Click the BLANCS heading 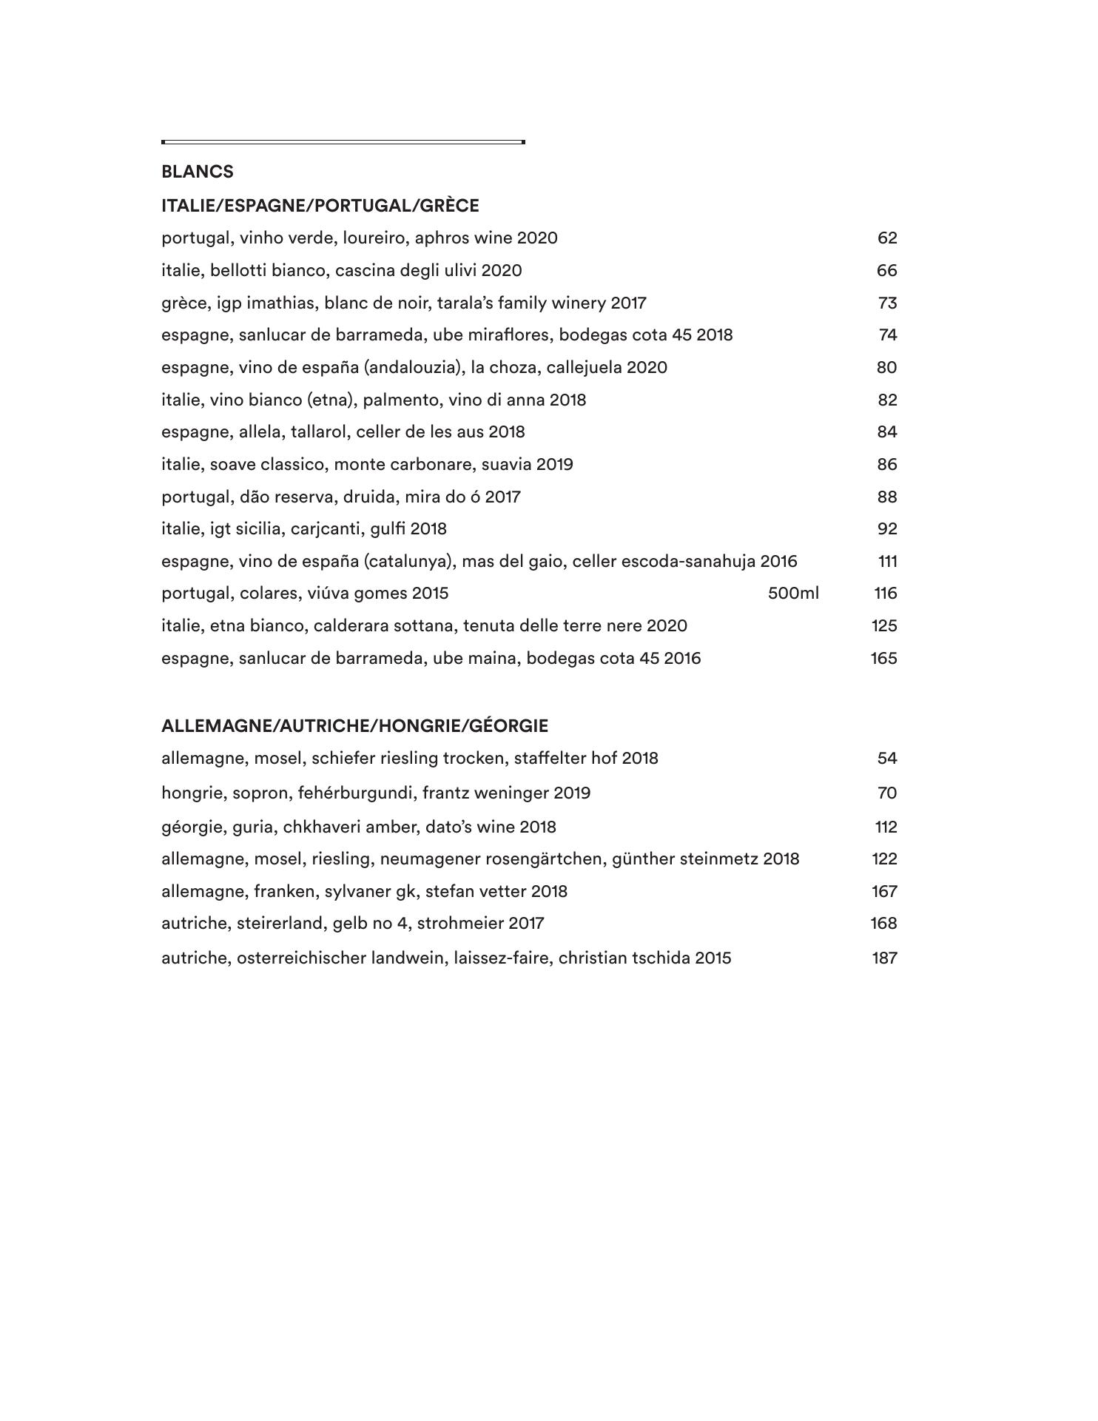pos(197,172)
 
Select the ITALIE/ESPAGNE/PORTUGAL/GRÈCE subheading pos(320,205)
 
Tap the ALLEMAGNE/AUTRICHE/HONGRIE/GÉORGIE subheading pos(354,725)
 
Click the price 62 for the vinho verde pos(886,238)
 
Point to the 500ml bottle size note pos(793,593)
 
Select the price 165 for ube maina pos(883,658)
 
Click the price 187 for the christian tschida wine pos(884,958)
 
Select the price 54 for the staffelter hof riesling pos(886,758)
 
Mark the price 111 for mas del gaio pos(887,561)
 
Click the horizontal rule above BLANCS pos(343,141)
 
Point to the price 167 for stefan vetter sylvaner pos(884,891)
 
